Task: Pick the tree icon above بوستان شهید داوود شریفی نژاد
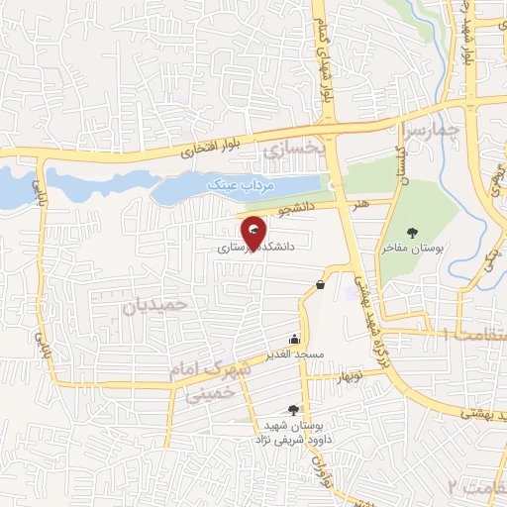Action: [x=292, y=408]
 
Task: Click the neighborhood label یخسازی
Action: [x=294, y=150]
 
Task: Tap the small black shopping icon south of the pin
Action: [x=320, y=285]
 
